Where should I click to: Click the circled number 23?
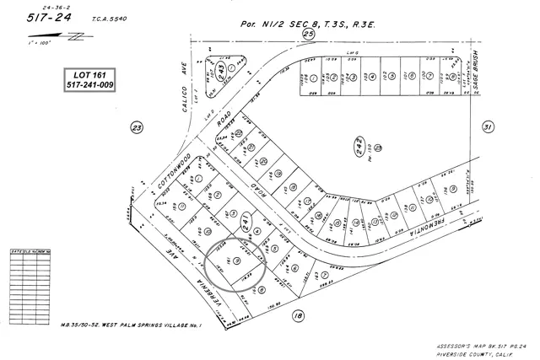coord(137,127)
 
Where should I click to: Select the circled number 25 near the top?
coord(309,34)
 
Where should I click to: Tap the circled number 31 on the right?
coord(487,127)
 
